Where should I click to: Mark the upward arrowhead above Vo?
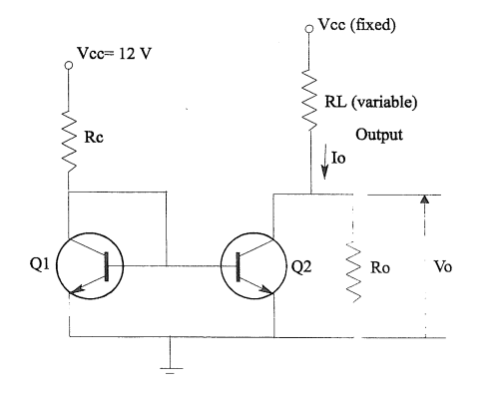[x=426, y=200]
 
